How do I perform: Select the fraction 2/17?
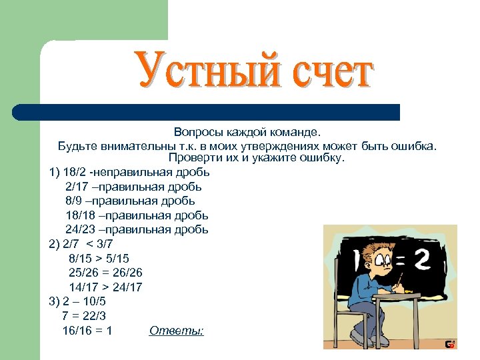point(78,187)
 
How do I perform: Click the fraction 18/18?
point(81,215)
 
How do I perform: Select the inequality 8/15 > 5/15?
point(99,258)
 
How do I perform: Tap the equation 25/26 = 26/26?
point(105,273)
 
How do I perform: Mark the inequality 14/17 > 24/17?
point(105,287)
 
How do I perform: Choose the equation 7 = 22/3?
point(83,316)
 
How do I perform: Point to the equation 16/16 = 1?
point(87,330)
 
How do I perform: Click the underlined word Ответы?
point(176,330)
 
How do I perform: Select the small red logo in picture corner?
point(451,344)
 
